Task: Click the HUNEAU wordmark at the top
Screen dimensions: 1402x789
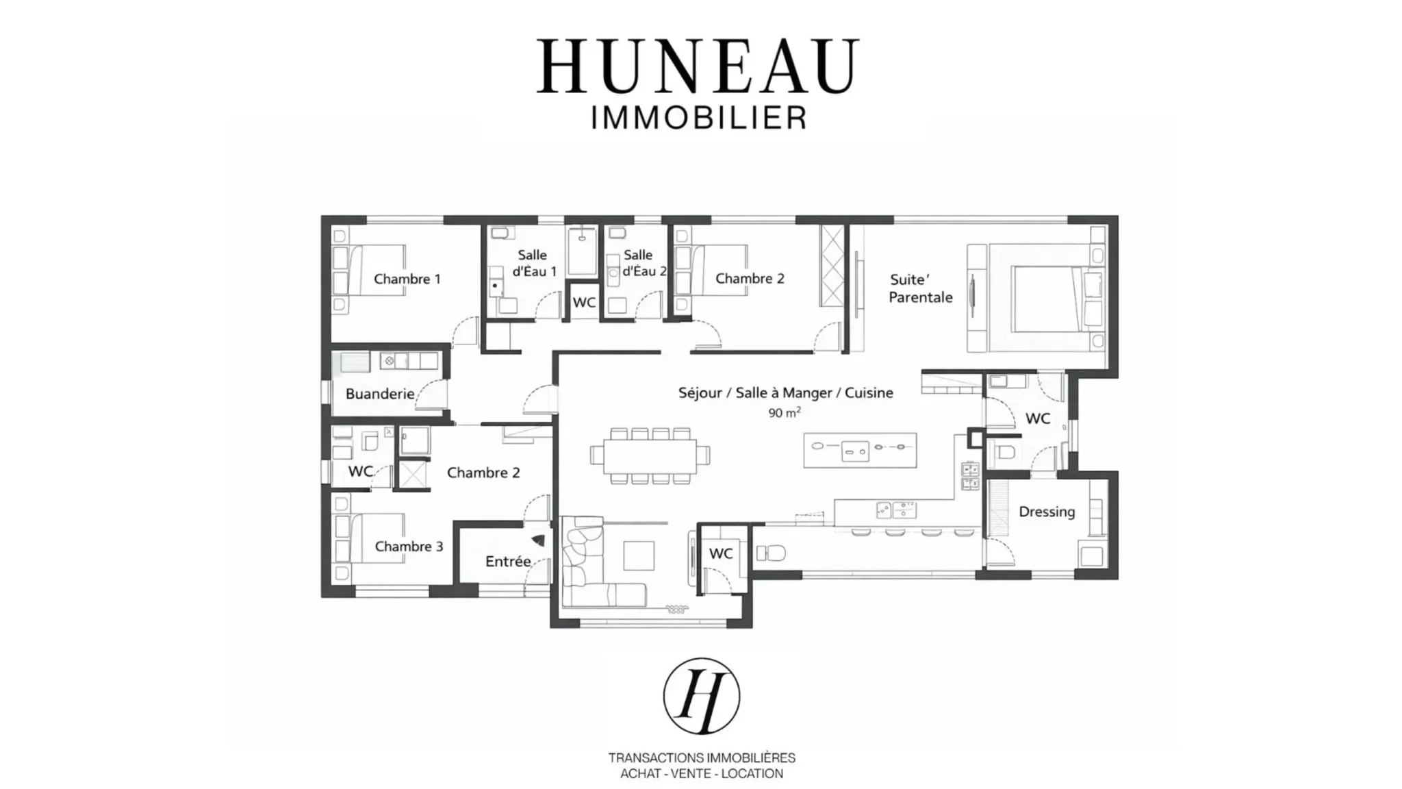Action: [698, 66]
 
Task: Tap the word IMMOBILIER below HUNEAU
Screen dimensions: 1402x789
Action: [698, 118]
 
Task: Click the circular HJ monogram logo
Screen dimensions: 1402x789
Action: [702, 697]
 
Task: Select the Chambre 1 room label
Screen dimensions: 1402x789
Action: [407, 279]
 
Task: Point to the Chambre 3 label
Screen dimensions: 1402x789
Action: [409, 547]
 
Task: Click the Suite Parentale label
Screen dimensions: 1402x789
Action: [920, 288]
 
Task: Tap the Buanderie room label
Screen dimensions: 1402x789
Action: [380, 394]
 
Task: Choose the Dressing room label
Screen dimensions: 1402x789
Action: [1047, 512]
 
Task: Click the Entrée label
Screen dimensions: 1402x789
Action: [508, 562]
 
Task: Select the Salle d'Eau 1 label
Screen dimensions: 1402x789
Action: [534, 263]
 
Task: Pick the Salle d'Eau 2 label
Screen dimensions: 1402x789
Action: [643, 263]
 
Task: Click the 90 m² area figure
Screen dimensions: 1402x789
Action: [785, 413]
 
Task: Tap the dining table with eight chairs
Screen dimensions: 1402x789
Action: [650, 455]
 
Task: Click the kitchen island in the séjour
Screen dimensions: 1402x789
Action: [860, 450]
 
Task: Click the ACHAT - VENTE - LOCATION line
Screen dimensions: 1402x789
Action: [702, 774]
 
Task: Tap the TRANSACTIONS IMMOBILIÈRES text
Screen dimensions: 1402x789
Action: [702, 758]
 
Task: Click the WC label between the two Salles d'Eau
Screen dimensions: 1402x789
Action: [584, 303]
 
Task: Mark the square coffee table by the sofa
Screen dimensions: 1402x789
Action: [639, 555]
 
